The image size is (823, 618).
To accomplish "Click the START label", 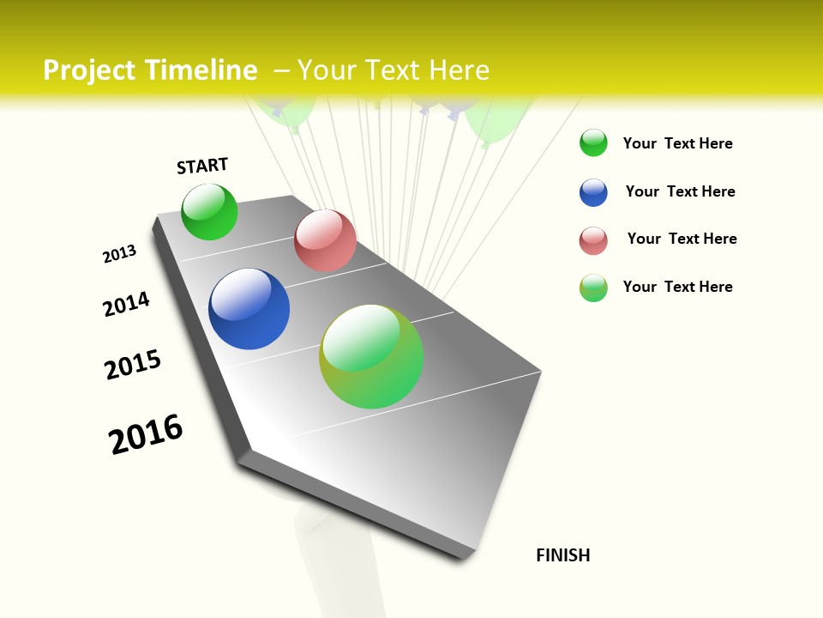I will pos(202,166).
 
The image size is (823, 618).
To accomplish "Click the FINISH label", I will pos(562,555).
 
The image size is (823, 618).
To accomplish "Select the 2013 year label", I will pos(119,254).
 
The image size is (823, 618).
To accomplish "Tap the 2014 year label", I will pos(126,304).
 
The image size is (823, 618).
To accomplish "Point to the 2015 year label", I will pos(133,365).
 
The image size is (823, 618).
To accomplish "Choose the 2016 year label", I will pos(146,434).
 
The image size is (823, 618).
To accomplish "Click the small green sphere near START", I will pos(209,212).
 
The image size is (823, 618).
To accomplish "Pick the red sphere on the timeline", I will pos(325,240).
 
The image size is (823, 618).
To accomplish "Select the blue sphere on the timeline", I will pos(249,309).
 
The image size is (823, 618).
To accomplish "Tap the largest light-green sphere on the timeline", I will pos(371,356).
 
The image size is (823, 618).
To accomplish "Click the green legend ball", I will pos(593,142).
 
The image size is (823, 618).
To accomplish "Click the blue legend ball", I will pos(593,191).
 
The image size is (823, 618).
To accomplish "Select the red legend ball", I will pos(593,240).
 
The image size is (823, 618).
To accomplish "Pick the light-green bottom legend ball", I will pos(593,288).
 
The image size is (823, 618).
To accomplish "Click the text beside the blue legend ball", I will pos(680,191).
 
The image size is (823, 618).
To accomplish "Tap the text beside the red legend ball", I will pos(682,239).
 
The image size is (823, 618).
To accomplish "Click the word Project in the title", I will pos(88,70).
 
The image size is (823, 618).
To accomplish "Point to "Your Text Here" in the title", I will pos(393,70).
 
